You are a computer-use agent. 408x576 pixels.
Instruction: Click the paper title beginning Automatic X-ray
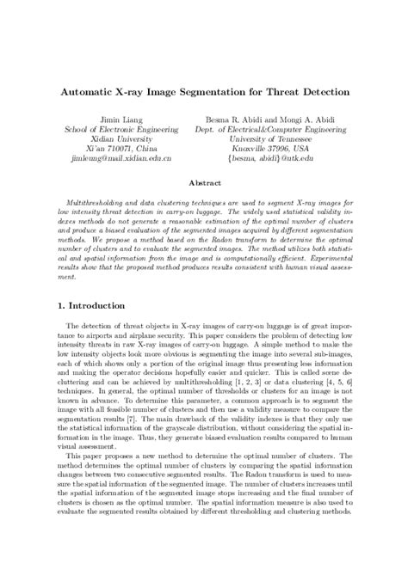click(203, 89)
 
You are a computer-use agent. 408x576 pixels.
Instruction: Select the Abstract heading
click(204, 182)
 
